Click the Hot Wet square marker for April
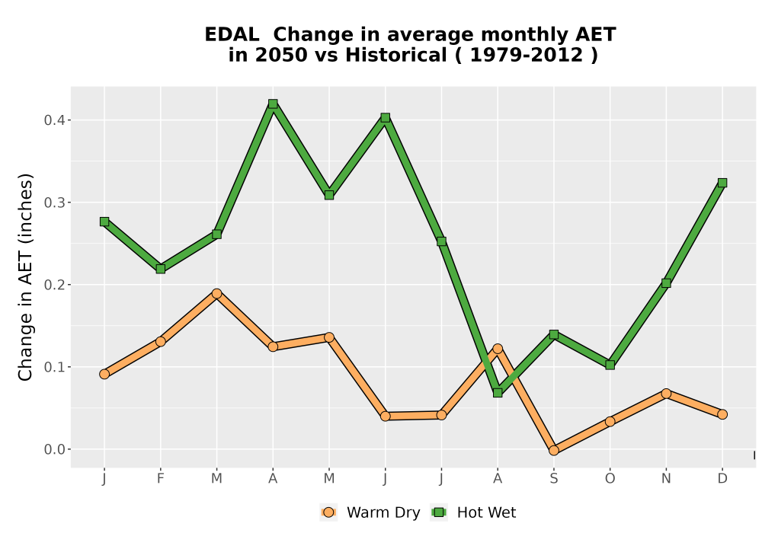click(x=273, y=104)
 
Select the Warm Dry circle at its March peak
click(x=216, y=293)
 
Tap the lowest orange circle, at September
click(x=553, y=451)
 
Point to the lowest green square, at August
click(x=498, y=392)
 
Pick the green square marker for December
click(x=722, y=183)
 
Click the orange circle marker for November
click(x=666, y=393)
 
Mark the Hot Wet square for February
click(x=160, y=269)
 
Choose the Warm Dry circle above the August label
click(x=498, y=349)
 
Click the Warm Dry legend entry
click(x=370, y=512)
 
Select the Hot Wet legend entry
click(x=473, y=512)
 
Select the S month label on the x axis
click(x=553, y=479)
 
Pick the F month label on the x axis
click(x=160, y=479)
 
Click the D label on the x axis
click(x=722, y=479)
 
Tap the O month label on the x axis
click(x=610, y=479)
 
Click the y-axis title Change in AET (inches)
click(x=25, y=277)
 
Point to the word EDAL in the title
click(x=232, y=35)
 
